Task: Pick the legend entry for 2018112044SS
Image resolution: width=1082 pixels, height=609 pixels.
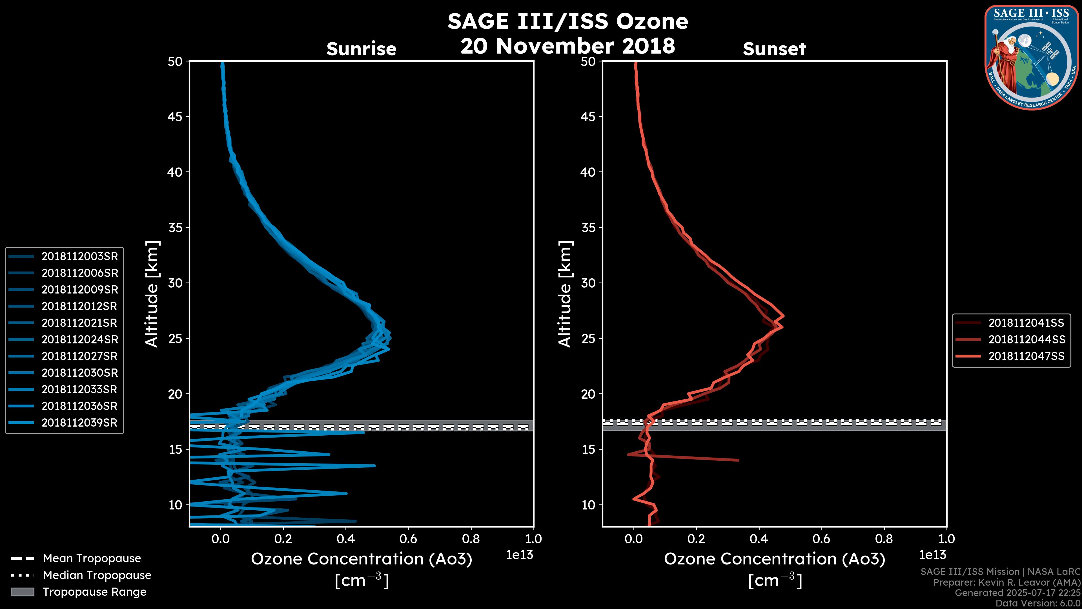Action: (1026, 339)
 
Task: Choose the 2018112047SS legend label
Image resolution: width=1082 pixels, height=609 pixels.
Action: (1026, 356)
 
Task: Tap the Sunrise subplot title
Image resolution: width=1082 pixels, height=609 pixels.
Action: (361, 49)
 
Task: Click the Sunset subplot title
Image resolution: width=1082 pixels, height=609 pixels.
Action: (774, 49)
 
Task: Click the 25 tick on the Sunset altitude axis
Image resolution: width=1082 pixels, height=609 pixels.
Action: (588, 338)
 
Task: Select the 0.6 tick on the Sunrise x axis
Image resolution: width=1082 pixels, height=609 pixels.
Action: (408, 539)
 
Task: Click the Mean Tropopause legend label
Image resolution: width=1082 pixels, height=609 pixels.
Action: (92, 559)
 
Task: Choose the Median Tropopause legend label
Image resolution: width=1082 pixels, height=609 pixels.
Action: (97, 575)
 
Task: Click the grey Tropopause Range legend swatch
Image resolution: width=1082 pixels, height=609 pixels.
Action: (23, 592)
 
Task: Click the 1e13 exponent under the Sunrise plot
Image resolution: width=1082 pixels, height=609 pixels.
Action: (520, 555)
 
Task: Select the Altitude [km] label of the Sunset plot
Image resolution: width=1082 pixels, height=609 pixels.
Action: (565, 294)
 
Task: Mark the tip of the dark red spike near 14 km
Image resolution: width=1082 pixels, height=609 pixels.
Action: (738, 460)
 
